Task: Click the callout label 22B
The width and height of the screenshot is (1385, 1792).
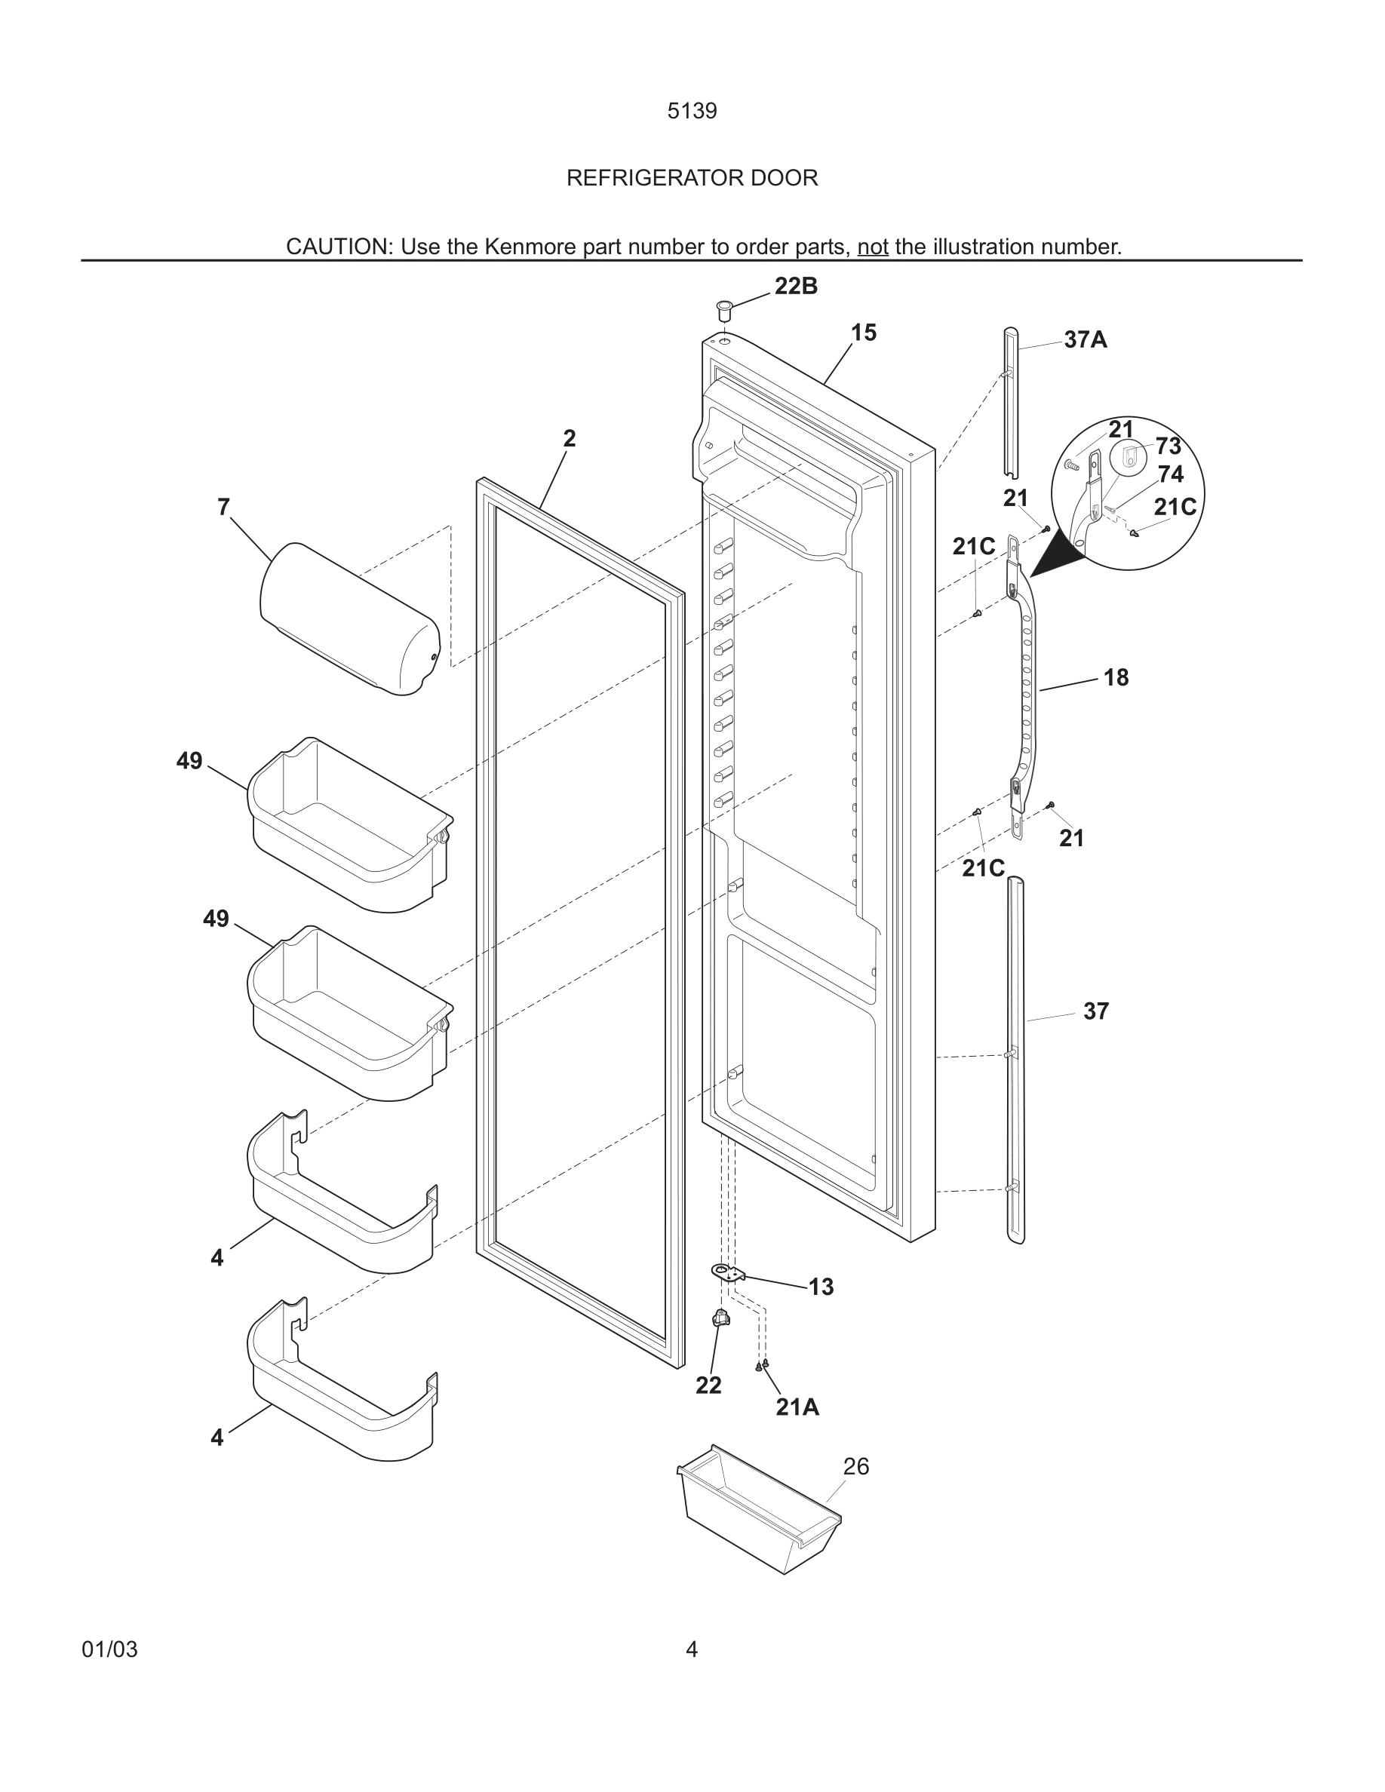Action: (x=795, y=287)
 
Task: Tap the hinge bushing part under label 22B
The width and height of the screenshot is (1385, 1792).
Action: (x=724, y=311)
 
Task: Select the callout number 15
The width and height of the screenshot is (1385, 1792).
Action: (x=863, y=333)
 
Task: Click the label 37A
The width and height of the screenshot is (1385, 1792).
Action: (x=1085, y=339)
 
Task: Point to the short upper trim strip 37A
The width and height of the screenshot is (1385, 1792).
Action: (x=1010, y=402)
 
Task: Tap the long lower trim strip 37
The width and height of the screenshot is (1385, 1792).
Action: (x=1016, y=1058)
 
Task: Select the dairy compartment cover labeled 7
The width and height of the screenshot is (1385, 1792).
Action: (x=349, y=619)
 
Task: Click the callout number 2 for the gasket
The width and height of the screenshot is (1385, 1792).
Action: (x=569, y=438)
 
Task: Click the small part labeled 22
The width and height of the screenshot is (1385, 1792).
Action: (x=721, y=1318)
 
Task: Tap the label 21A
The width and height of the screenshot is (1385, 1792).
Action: (x=797, y=1407)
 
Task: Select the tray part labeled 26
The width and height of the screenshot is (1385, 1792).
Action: (x=759, y=1510)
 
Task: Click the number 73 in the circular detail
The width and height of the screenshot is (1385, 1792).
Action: (x=1168, y=446)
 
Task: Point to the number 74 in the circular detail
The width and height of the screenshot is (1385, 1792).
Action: (x=1170, y=474)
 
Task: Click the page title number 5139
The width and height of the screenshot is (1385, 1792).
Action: (x=692, y=111)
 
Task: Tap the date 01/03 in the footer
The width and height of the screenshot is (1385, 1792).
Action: (x=110, y=1649)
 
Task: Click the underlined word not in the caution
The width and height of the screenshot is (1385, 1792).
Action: (x=872, y=247)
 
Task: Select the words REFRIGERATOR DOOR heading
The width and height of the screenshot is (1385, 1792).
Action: (x=692, y=178)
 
